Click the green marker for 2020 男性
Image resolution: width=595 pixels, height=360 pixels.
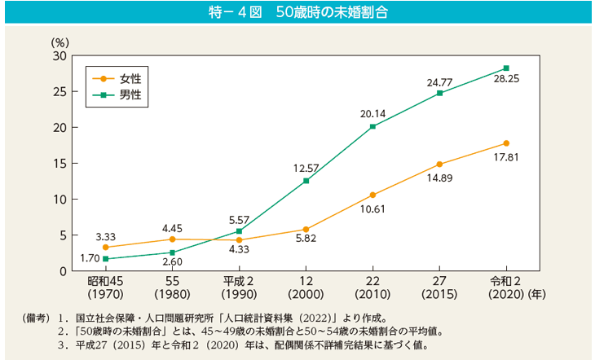click(x=506, y=68)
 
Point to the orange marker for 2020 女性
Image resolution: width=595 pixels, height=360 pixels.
click(x=506, y=143)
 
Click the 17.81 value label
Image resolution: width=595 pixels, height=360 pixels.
click(x=506, y=156)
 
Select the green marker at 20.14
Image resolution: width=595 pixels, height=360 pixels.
click(x=372, y=126)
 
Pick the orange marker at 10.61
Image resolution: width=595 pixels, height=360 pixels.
click(x=372, y=195)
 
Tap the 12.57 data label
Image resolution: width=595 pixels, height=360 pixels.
click(x=306, y=168)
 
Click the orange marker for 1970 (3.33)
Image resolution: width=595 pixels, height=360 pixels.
click(x=105, y=247)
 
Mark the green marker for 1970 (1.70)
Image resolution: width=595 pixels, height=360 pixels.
click(x=105, y=259)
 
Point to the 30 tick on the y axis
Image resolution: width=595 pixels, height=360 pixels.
click(x=59, y=55)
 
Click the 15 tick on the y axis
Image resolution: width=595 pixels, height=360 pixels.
click(x=59, y=163)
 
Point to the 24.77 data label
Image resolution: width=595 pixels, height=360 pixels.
click(x=439, y=81)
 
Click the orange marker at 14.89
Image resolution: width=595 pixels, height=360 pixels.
click(x=439, y=164)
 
